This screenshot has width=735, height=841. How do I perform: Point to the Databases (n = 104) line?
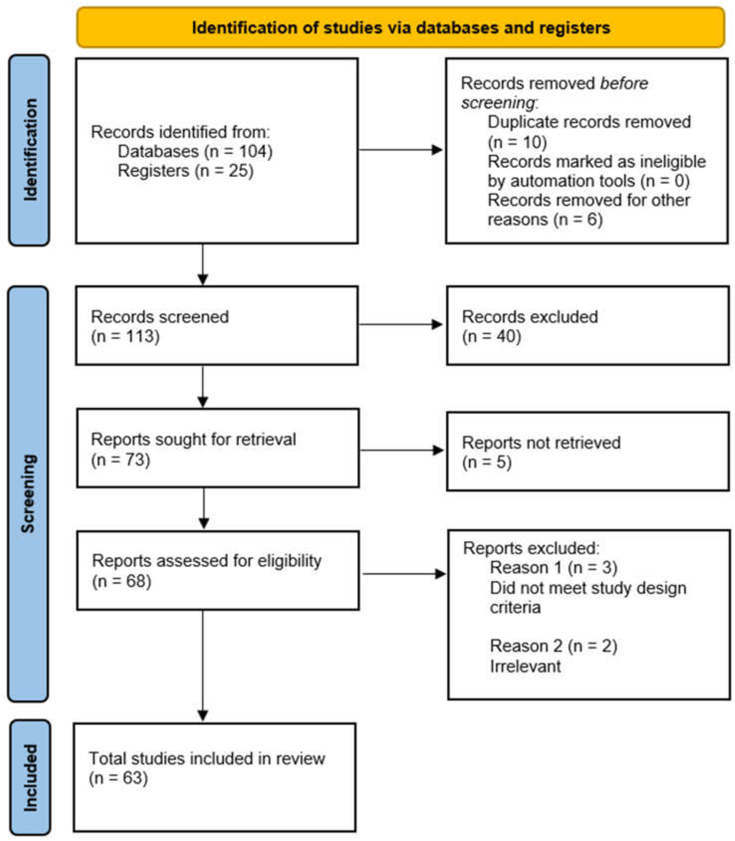click(195, 151)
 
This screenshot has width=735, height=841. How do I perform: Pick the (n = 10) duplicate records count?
click(517, 142)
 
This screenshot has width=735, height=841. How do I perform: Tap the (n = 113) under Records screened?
click(125, 336)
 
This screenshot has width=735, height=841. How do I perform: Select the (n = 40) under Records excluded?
click(491, 336)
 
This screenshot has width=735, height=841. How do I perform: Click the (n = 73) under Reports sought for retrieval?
click(121, 459)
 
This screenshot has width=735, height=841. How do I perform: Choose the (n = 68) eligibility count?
click(122, 581)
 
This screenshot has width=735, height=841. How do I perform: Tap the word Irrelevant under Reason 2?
click(525, 666)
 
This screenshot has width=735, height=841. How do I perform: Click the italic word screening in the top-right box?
click(498, 102)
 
